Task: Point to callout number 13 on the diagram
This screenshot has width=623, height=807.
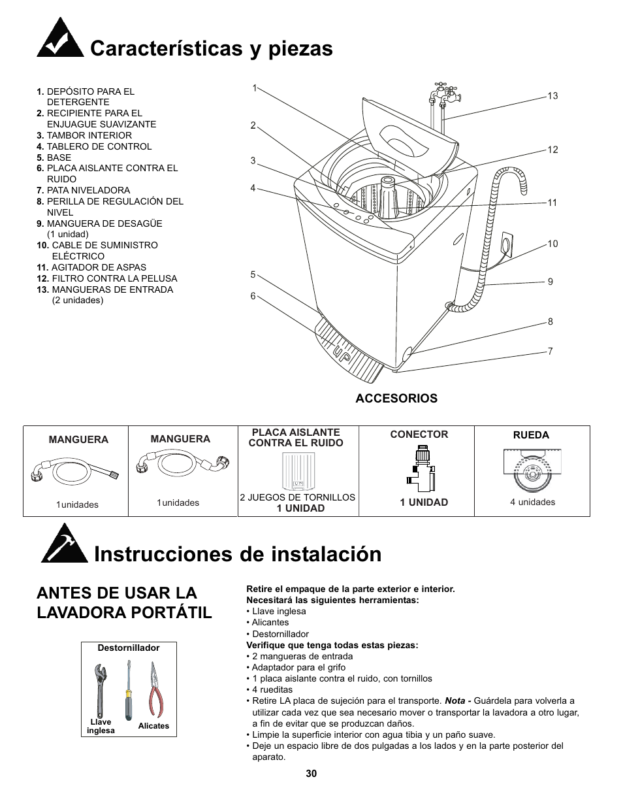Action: [552, 96]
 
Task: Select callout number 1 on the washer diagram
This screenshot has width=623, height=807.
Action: [255, 88]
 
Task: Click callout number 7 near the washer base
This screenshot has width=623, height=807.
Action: [550, 352]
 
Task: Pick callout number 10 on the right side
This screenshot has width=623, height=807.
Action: [552, 244]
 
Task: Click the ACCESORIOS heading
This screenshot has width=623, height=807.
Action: [396, 399]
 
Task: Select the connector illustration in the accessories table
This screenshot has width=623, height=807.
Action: [421, 468]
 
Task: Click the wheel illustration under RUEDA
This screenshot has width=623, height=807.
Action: [532, 471]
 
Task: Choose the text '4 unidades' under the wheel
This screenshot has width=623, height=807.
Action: [532, 502]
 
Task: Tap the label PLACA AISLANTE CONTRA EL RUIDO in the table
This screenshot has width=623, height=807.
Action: [296, 438]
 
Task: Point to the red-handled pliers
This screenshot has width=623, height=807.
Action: [155, 690]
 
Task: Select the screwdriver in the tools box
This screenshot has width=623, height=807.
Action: [129, 690]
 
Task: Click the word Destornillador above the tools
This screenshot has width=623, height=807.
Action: [129, 648]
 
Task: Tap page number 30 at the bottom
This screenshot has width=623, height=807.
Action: [311, 774]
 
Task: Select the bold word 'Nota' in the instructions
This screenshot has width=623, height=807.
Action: [455, 701]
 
